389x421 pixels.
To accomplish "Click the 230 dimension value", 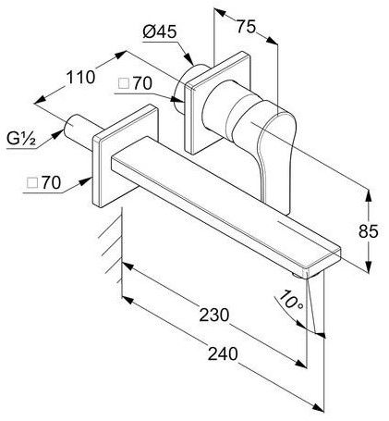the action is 214,315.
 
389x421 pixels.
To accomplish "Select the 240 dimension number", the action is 223,353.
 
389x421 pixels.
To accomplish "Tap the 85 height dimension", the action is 368,231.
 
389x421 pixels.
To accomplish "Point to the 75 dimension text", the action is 246,26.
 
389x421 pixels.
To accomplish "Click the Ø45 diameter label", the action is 160,31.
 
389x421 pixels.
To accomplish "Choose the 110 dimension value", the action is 80,77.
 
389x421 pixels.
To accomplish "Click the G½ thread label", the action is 21,139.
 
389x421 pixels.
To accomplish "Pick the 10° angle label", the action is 291,300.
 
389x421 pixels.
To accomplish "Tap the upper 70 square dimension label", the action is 136,83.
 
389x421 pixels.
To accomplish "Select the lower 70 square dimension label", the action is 43,183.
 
